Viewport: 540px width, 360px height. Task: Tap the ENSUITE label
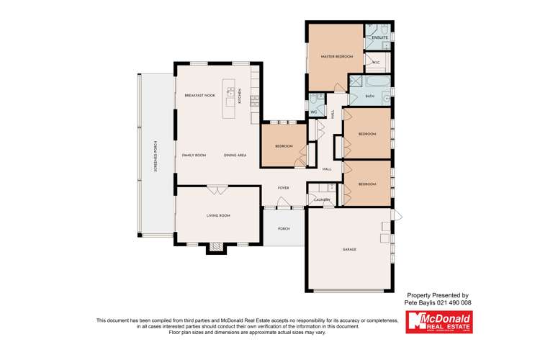(380, 37)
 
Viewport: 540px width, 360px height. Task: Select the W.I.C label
(375, 63)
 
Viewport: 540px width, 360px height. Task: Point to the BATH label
(370, 96)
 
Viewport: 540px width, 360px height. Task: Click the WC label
(314, 112)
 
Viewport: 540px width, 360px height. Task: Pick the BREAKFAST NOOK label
(199, 96)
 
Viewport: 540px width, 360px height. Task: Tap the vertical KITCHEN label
(251, 96)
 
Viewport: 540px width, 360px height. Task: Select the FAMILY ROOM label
(194, 156)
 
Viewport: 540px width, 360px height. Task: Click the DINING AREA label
(235, 156)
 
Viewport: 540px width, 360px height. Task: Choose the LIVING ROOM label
(218, 215)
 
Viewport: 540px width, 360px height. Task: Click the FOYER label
(284, 188)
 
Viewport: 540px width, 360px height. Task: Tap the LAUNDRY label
(321, 200)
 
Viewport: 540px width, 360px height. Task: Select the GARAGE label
(349, 249)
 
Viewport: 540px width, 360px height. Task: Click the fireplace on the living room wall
(216, 247)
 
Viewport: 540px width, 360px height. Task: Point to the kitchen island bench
(231, 93)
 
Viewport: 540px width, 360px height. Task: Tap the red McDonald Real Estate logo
(438, 321)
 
